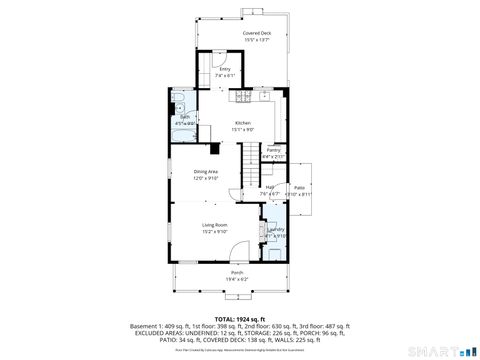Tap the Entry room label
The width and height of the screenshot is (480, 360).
(225, 68)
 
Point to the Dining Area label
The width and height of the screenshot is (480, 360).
(206, 172)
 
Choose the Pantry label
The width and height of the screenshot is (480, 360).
(273, 150)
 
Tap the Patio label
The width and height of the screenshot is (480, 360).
(298, 187)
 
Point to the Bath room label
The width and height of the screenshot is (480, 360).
(185, 116)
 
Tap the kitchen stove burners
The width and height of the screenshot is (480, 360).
(244, 97)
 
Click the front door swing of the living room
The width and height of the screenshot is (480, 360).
(236, 250)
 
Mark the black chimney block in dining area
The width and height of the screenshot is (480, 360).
(215, 149)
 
